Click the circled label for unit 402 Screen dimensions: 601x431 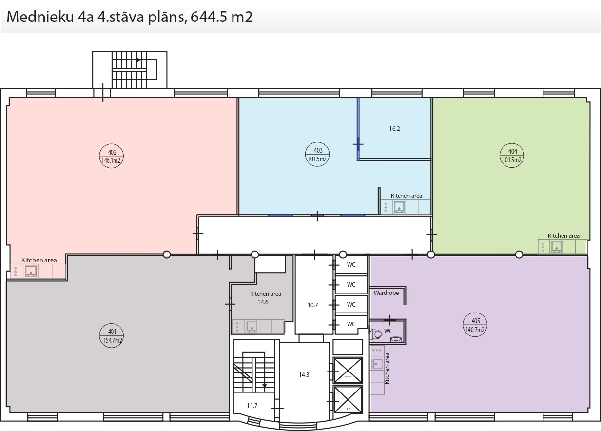click(111, 156)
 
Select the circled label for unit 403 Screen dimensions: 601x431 click(317, 154)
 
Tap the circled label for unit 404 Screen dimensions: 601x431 click(512, 155)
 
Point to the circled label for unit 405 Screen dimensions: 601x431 click(475, 325)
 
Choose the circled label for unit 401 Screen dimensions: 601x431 click(111, 335)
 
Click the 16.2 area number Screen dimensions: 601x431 click(394, 129)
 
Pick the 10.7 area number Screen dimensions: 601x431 click(313, 305)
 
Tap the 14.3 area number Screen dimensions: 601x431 click(304, 374)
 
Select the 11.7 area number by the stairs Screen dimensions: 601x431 click(252, 406)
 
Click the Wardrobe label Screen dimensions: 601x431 click(386, 293)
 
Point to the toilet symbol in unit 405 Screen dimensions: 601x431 click(377, 334)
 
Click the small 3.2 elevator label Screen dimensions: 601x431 click(348, 409)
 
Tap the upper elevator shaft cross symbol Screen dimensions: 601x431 click(348, 371)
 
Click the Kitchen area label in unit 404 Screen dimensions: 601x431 click(563, 235)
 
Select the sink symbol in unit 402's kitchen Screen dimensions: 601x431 click(31, 271)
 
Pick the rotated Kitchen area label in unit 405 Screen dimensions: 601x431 click(387, 369)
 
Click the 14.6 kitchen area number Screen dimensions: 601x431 click(263, 302)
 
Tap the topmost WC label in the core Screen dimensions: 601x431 click(351, 265)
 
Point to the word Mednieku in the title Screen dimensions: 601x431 click(40, 17)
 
